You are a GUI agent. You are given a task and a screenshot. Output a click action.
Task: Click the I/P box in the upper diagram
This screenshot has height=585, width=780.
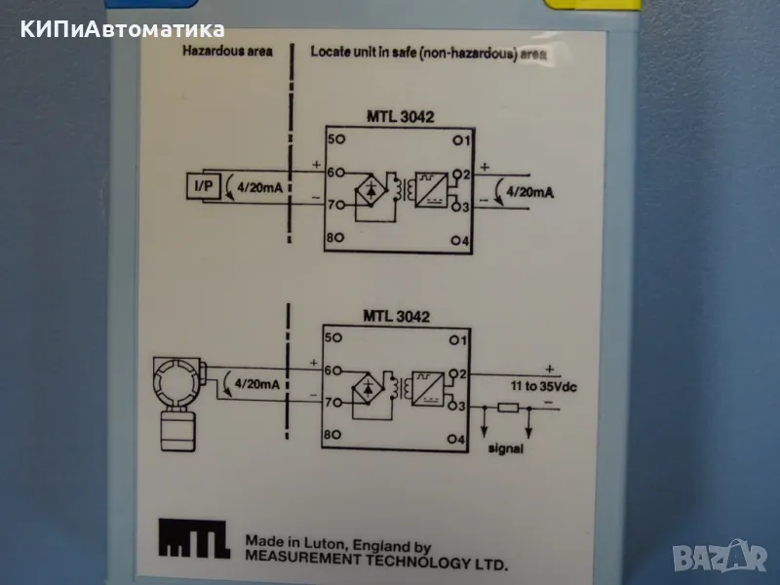pos(205,185)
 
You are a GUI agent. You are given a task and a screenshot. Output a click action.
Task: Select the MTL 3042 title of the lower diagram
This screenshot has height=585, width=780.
pos(394,316)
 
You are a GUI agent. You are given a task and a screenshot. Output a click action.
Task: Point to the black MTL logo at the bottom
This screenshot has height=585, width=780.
pos(194,539)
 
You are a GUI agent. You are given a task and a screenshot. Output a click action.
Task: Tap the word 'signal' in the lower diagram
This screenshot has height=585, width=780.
pos(505,449)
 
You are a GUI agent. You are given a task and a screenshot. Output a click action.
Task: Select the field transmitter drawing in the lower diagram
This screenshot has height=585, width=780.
pos(177,402)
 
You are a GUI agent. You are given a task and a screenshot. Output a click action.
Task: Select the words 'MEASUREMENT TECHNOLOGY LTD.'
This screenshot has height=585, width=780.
pos(376,564)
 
